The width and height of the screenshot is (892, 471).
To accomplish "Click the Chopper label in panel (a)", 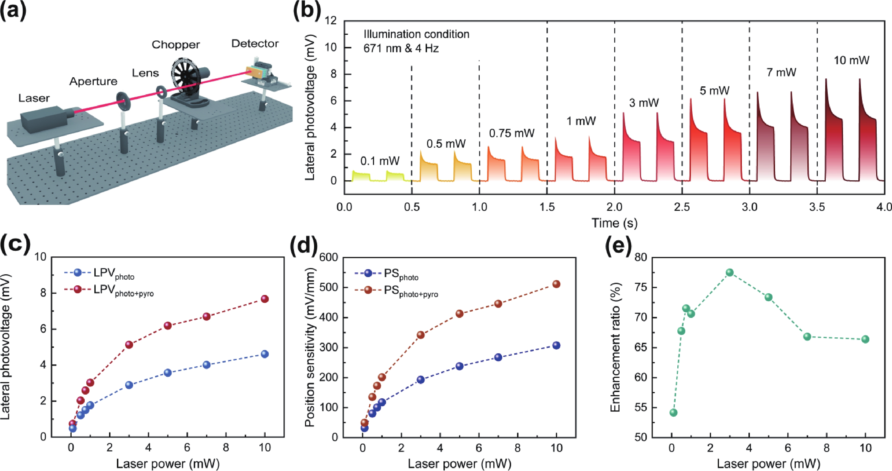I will coord(176,45).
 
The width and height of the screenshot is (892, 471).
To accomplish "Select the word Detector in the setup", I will coord(255,44).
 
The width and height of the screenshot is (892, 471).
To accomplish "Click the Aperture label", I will coord(93,81).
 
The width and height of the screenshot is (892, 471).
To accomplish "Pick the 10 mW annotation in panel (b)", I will coord(852,60).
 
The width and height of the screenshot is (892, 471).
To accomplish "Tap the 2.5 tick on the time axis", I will coord(682,207).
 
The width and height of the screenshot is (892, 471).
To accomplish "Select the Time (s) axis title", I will coord(614,222).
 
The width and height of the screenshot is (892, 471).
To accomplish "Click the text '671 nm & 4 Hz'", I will coord(401,48).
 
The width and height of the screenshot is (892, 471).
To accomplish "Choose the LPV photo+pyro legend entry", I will coord(109,290).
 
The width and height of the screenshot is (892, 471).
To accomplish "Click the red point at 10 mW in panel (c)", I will coord(265,299).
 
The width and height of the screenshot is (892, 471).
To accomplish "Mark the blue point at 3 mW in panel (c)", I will coord(129,385).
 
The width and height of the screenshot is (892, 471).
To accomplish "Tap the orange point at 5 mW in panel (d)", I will coord(460,314).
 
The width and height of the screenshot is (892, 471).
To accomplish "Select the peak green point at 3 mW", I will coord(729,272).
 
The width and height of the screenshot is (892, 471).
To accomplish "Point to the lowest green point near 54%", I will coord(673,412).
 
